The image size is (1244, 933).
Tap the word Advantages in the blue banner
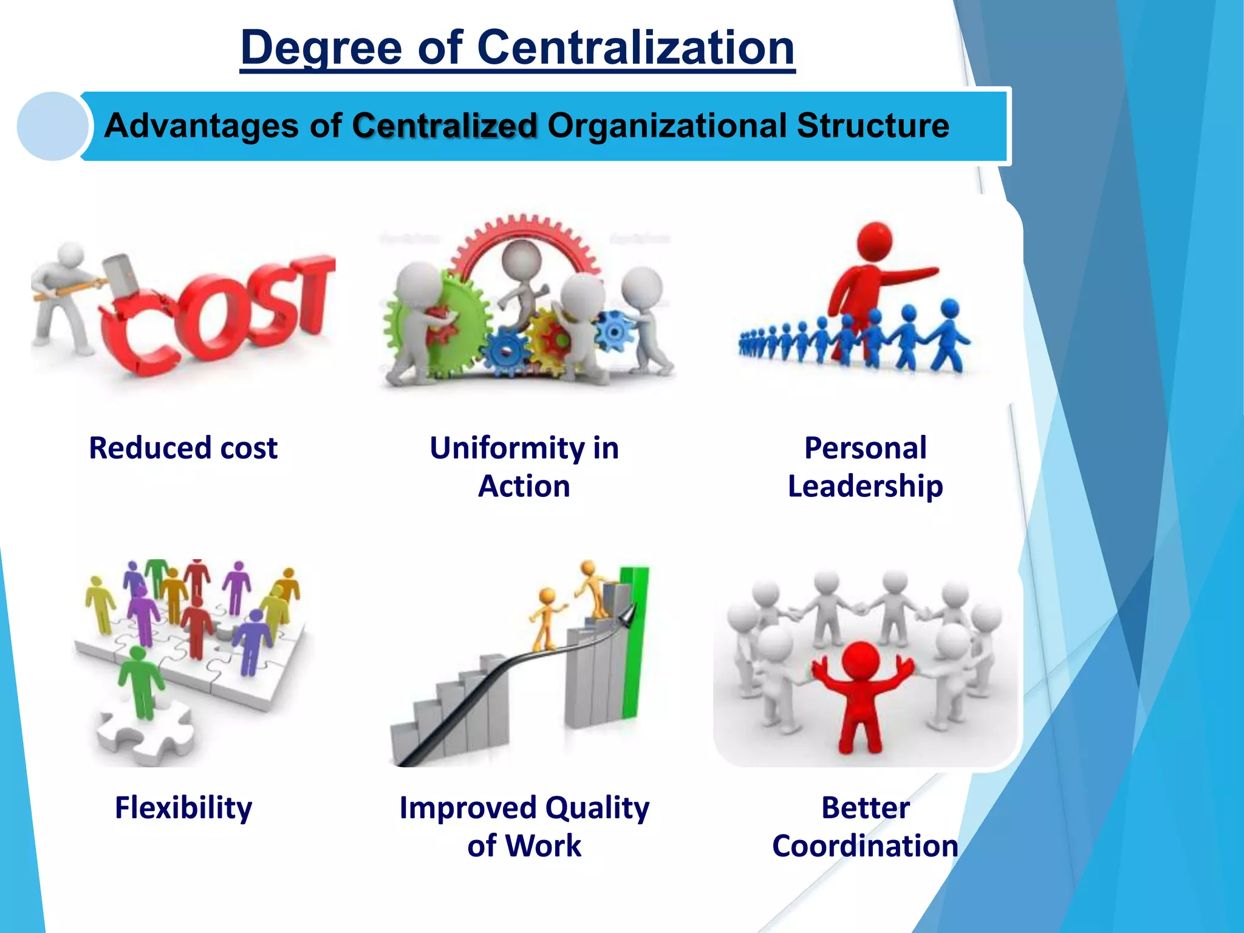click(201, 126)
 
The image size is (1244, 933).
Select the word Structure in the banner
click(872, 126)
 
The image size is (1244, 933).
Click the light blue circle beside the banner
click(52, 126)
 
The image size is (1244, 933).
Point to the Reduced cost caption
click(183, 448)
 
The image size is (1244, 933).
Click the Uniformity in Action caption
click(524, 466)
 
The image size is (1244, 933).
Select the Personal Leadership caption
click(865, 466)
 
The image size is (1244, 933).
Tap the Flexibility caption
click(183, 808)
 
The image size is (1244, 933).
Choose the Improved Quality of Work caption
click(524, 826)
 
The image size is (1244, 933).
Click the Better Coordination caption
click(865, 826)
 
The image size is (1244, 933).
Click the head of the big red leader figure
click(875, 240)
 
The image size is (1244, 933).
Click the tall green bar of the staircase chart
click(634, 644)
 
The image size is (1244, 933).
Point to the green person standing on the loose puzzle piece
click(141, 680)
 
